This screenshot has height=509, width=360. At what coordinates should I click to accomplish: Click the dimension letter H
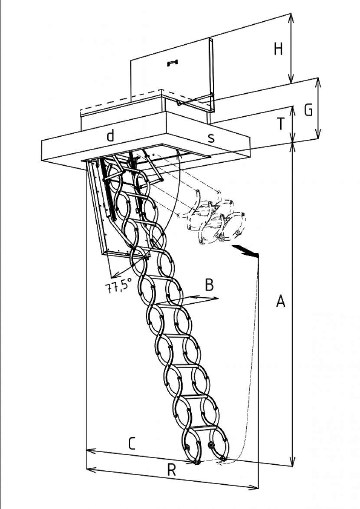pyautogui.click(x=278, y=49)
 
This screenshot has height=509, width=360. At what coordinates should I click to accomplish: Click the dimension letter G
pyautogui.click(x=308, y=110)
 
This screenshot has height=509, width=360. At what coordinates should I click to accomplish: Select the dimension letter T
pyautogui.click(x=281, y=124)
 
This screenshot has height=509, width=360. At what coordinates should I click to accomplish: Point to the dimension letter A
pyautogui.click(x=281, y=301)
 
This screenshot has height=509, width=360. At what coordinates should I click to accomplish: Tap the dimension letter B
pyautogui.click(x=209, y=285)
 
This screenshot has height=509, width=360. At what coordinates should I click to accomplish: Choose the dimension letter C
pyautogui.click(x=131, y=443)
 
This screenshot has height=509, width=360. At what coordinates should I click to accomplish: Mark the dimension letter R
pyautogui.click(x=172, y=470)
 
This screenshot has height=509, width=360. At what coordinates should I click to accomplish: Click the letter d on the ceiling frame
pyautogui.click(x=110, y=135)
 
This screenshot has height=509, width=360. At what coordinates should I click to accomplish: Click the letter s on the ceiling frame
pyautogui.click(x=211, y=138)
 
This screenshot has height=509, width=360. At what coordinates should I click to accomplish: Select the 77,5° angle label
pyautogui.click(x=118, y=287)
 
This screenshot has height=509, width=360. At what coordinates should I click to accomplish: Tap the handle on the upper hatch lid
pyautogui.click(x=172, y=62)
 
